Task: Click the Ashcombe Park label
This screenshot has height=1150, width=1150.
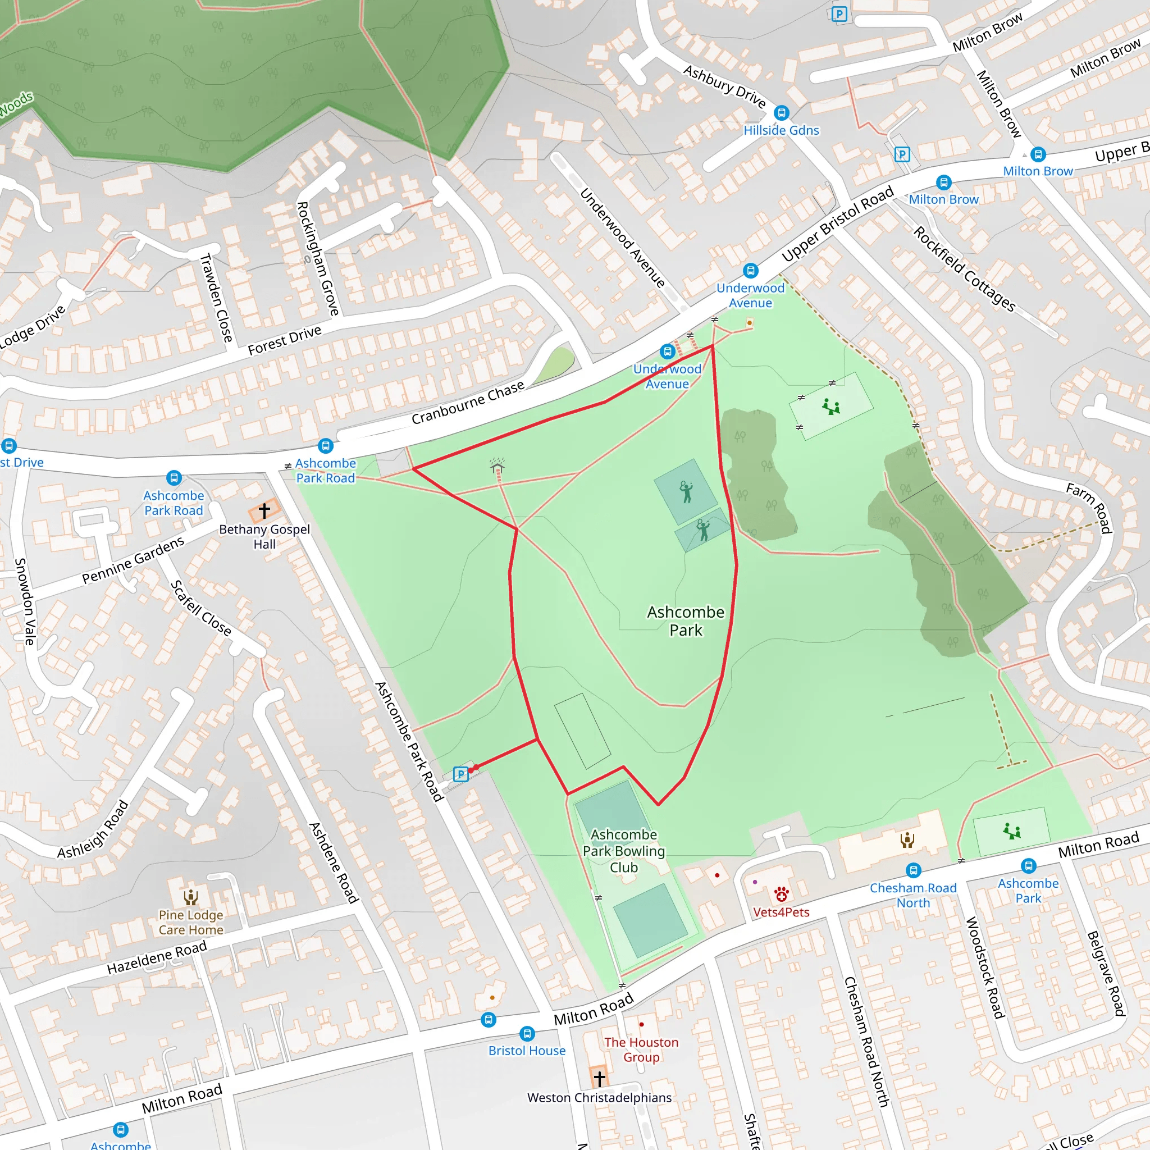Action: click(686, 621)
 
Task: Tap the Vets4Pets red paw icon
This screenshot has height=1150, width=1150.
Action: click(782, 894)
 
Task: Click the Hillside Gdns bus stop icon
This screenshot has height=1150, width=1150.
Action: click(781, 112)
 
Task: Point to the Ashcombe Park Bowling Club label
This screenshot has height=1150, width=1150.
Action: click(623, 851)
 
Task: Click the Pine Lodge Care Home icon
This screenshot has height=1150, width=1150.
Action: click(190, 896)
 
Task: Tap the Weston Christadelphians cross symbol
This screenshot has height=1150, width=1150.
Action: click(599, 1078)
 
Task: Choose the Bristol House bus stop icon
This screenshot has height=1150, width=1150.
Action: click(527, 1033)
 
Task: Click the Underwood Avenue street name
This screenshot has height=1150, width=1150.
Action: click(622, 238)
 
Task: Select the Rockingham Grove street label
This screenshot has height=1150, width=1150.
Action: click(318, 258)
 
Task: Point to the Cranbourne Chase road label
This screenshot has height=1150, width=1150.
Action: click(468, 403)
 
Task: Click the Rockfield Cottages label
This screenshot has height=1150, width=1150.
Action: click(964, 269)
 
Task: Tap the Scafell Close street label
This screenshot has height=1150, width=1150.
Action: click(201, 608)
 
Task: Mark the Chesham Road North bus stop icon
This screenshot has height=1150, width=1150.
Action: click(913, 871)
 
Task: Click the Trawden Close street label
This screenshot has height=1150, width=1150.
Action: click(216, 298)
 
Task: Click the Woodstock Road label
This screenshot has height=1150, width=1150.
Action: click(985, 968)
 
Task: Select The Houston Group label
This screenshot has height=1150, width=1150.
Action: click(641, 1049)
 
